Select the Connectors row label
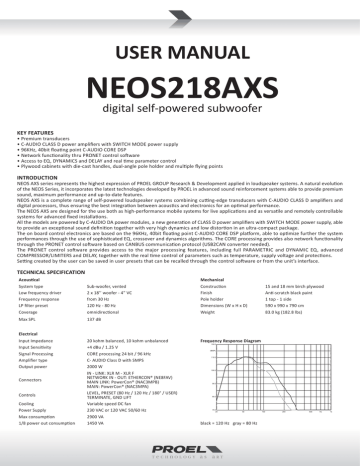point(33,379)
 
